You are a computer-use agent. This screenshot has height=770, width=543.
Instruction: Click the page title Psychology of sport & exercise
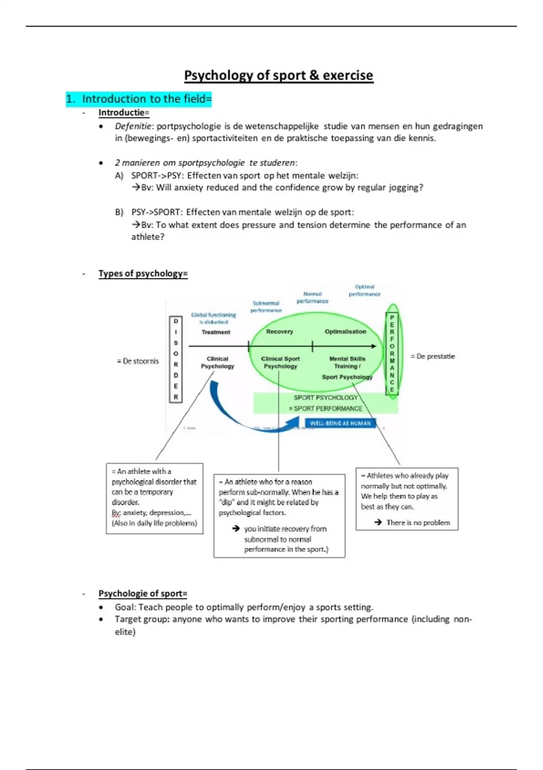[x=278, y=75]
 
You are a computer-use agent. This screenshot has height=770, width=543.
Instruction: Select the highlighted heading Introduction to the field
[x=138, y=99]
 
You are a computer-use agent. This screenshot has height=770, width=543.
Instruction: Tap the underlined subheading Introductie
[x=124, y=113]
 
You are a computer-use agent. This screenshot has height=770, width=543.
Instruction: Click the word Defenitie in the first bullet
[x=133, y=126]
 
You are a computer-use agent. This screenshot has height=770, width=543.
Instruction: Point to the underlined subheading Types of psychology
[x=143, y=274]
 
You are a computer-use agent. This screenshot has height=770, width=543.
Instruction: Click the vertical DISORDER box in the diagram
[x=176, y=359]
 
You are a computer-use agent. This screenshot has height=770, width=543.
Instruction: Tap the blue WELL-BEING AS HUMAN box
[x=340, y=423]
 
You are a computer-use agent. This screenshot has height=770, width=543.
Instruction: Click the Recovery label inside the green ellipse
[x=279, y=332]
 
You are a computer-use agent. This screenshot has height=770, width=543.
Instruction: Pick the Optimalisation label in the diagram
[x=345, y=332]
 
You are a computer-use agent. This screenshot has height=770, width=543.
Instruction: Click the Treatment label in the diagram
[x=216, y=332]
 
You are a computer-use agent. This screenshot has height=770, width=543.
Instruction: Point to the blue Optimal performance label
[x=364, y=290]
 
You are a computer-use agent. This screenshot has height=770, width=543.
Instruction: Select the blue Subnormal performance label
[x=266, y=307]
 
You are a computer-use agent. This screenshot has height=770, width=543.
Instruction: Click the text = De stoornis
[x=138, y=361]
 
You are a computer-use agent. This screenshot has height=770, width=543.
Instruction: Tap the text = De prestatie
[x=433, y=356]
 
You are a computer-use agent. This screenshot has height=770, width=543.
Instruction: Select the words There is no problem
[x=418, y=522]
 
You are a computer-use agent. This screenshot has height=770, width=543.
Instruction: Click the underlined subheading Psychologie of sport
[x=143, y=593]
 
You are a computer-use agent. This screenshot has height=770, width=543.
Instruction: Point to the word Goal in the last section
[x=124, y=607]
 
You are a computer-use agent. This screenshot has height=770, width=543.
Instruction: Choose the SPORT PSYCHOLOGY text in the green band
[x=325, y=398]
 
